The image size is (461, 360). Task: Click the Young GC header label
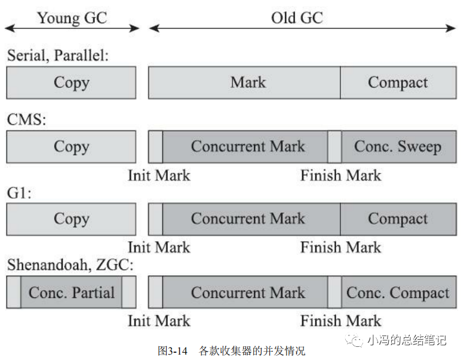pyautogui.click(x=72, y=18)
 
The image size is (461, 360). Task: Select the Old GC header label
pyautogui.click(x=297, y=18)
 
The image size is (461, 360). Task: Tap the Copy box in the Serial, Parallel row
pyautogui.click(x=71, y=82)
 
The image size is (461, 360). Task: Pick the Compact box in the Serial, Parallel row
pyautogui.click(x=398, y=82)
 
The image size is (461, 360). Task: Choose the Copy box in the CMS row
pyautogui.click(x=71, y=147)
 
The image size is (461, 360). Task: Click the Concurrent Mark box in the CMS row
pyautogui.click(x=248, y=147)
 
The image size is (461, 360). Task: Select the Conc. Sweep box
pyautogui.click(x=398, y=147)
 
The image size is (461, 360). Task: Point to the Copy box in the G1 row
pyautogui.click(x=71, y=219)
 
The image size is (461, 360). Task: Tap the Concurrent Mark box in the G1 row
pyautogui.click(x=248, y=219)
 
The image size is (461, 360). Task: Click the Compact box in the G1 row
pyautogui.click(x=398, y=219)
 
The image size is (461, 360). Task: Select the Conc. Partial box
pyautogui.click(x=71, y=293)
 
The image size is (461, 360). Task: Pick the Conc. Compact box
pyautogui.click(x=398, y=293)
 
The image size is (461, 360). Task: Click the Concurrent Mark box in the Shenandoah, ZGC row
pyautogui.click(x=248, y=293)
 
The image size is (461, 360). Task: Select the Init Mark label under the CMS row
pyautogui.click(x=159, y=176)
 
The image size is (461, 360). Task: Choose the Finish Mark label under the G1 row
pyautogui.click(x=340, y=247)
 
